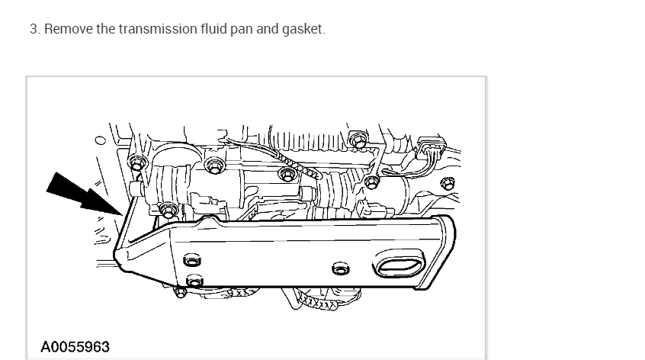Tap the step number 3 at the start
34,30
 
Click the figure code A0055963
75,347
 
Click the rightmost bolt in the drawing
448,182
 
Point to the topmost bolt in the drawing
355,138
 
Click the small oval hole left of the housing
100,140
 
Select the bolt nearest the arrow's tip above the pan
167,208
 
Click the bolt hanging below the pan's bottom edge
181,293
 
